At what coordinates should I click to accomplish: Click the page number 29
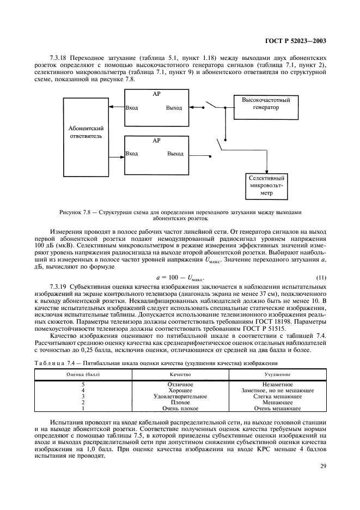pyautogui.click(x=322, y=465)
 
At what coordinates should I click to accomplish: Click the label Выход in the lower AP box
pyautogui.click(x=175, y=154)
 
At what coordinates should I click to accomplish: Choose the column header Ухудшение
pyautogui.click(x=277, y=375)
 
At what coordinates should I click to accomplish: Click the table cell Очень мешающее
pyautogui.click(x=277, y=408)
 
